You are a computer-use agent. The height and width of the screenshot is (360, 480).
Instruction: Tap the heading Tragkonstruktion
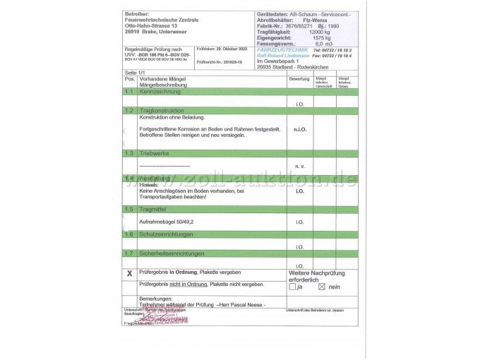(162, 111)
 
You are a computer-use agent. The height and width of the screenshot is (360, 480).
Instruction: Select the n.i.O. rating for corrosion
(299, 129)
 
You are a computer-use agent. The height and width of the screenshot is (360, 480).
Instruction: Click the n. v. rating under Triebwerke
(299, 166)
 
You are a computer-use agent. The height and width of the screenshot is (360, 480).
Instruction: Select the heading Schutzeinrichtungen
(166, 234)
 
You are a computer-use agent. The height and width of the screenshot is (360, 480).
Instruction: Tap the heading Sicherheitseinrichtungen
(172, 253)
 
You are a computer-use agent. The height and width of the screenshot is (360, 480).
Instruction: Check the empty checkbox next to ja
(292, 287)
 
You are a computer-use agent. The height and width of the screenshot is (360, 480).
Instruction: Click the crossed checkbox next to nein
(322, 287)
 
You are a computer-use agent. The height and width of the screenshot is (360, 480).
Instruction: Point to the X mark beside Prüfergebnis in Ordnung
(129, 273)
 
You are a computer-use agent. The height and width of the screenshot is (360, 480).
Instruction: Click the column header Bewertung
(299, 79)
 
